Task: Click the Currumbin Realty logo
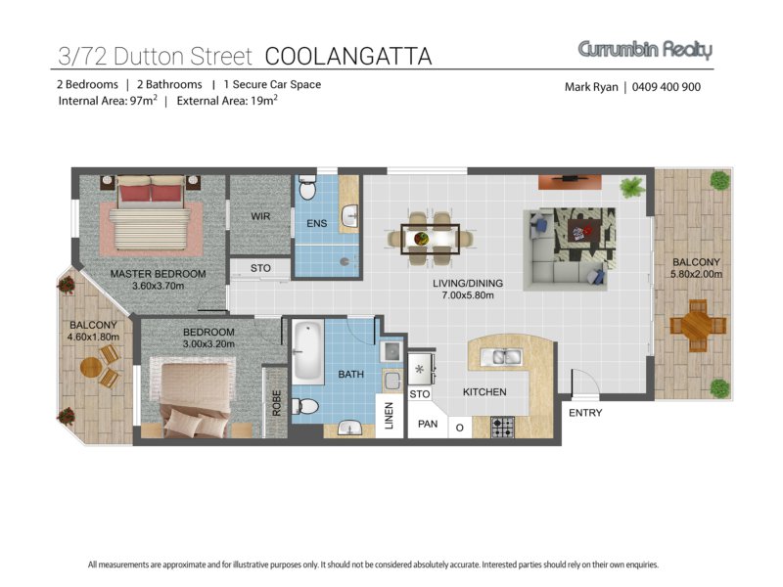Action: pyautogui.click(x=645, y=50)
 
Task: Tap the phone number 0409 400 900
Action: pyautogui.click(x=667, y=87)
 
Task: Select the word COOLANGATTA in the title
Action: pyautogui.click(x=348, y=57)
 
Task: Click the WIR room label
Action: pyautogui.click(x=260, y=216)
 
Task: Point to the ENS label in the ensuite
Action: pyautogui.click(x=316, y=223)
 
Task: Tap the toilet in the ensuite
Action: pyautogui.click(x=306, y=187)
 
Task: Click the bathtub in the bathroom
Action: pyautogui.click(x=307, y=352)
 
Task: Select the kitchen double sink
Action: pyautogui.click(x=501, y=357)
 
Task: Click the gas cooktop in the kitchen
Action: pyautogui.click(x=502, y=428)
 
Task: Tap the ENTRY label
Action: pyautogui.click(x=585, y=413)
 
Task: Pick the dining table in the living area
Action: pyautogui.click(x=430, y=239)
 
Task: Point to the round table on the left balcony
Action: pyautogui.click(x=91, y=368)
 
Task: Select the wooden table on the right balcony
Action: pyautogui.click(x=697, y=326)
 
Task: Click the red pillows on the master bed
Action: pyautogui.click(x=150, y=193)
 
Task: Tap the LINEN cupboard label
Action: pyautogui.click(x=389, y=416)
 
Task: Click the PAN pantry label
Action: pyautogui.click(x=428, y=424)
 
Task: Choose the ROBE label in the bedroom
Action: pyautogui.click(x=277, y=403)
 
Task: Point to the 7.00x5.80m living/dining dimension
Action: pyautogui.click(x=468, y=295)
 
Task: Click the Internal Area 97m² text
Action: pyautogui.click(x=108, y=101)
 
